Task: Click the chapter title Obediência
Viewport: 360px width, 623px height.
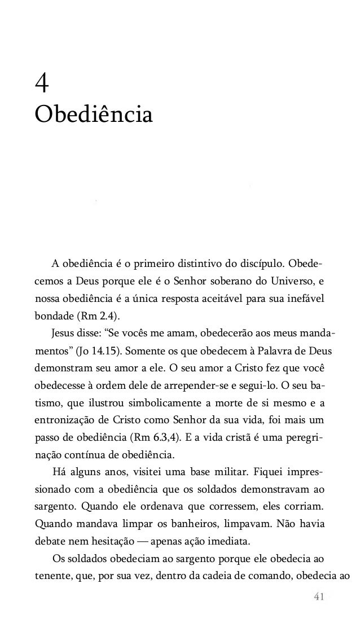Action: [93, 114]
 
